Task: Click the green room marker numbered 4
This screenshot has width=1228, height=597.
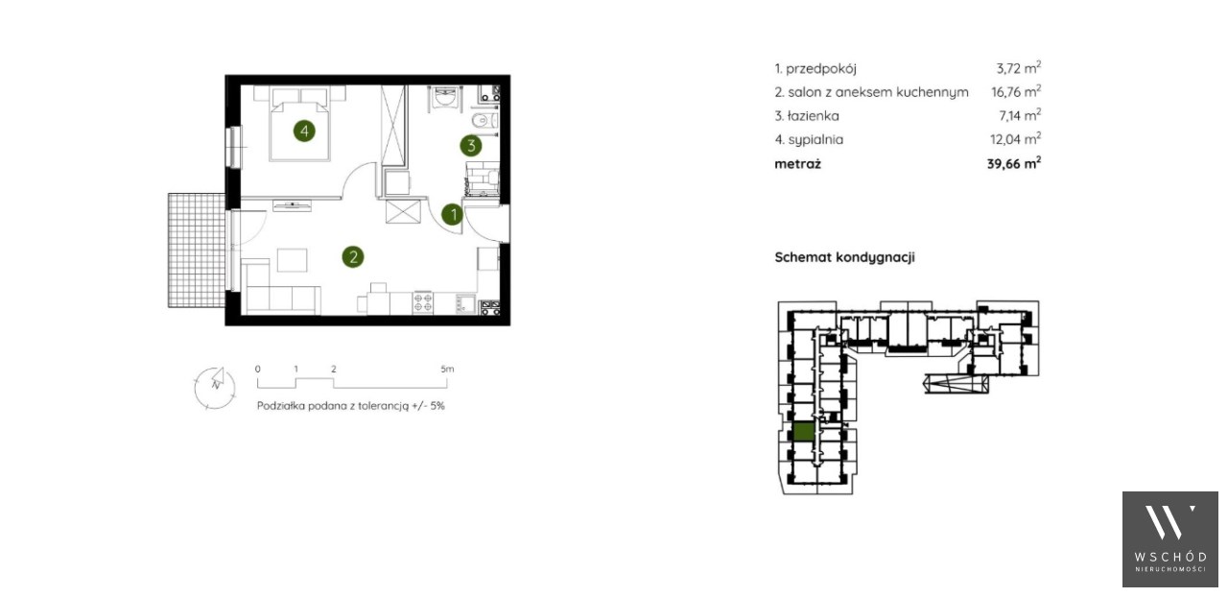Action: click(x=304, y=131)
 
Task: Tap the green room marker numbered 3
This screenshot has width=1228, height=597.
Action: click(x=471, y=145)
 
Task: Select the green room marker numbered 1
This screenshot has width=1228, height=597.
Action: click(x=453, y=215)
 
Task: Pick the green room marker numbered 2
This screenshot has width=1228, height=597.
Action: click(x=353, y=257)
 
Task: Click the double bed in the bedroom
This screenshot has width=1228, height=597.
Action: click(x=300, y=130)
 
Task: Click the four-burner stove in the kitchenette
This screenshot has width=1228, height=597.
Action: click(x=423, y=303)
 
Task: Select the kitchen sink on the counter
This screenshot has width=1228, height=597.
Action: click(x=465, y=304)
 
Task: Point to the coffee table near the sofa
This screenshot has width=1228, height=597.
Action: click(x=293, y=260)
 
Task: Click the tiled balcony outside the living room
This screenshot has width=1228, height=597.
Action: click(x=197, y=250)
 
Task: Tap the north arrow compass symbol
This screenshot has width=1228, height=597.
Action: click(x=215, y=388)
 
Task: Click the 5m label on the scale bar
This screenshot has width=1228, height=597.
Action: click(x=447, y=370)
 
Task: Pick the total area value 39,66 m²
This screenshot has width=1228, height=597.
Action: click(x=1014, y=163)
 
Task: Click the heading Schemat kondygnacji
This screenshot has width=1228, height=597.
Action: click(x=845, y=257)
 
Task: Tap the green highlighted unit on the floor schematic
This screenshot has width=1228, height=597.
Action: click(x=803, y=432)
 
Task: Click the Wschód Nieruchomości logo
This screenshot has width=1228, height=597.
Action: click(x=1169, y=539)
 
